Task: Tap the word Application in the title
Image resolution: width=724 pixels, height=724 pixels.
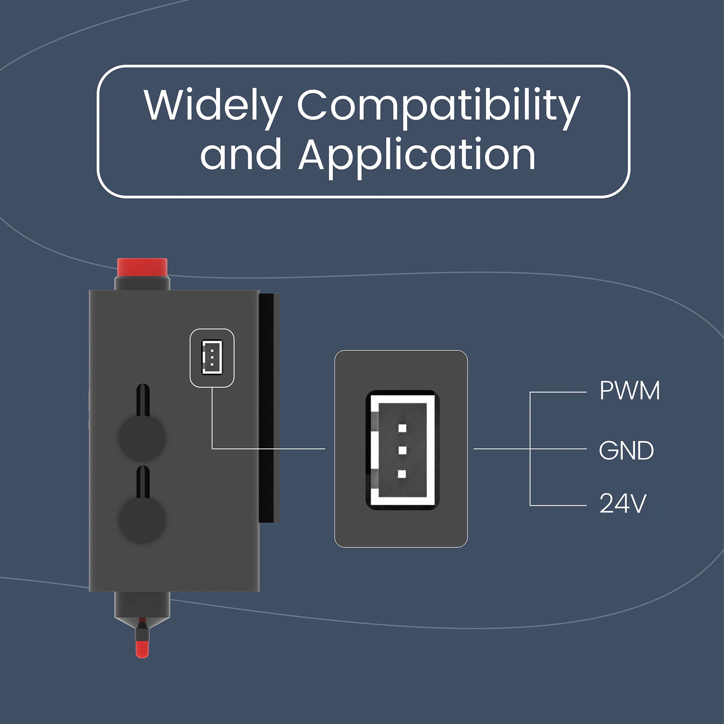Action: point(417,156)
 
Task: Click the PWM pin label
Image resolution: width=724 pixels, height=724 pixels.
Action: point(629,391)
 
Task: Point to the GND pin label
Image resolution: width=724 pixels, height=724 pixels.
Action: point(626,450)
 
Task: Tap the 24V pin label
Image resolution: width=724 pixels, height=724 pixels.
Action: point(622,503)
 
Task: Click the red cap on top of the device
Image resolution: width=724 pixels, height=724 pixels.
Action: point(142,267)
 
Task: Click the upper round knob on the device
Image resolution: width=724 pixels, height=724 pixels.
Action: point(142,438)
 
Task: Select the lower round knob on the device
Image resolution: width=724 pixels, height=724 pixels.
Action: point(142,520)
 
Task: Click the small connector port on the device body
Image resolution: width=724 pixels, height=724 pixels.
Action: point(212,357)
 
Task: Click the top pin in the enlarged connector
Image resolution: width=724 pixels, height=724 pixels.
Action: point(402,427)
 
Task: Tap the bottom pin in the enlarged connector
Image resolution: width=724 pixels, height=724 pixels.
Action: point(402,474)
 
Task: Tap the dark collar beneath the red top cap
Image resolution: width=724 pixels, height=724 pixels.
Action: point(142,283)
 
